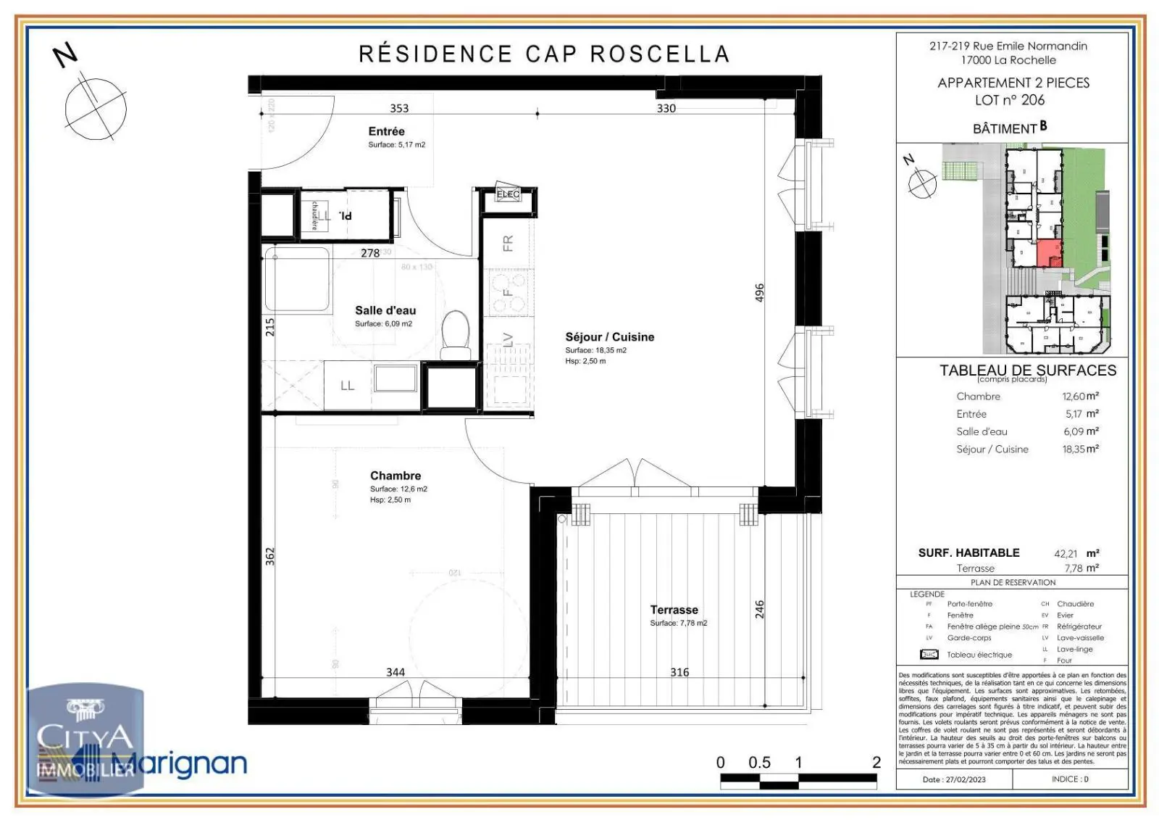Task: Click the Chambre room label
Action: [x=395, y=476]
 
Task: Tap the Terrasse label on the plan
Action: [x=674, y=610]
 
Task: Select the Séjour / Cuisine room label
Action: [x=609, y=337]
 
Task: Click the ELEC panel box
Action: [x=509, y=195]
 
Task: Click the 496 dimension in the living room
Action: [x=759, y=293]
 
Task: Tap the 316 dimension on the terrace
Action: [x=679, y=672]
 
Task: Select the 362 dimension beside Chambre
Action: [x=270, y=556]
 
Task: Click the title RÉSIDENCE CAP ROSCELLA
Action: [x=544, y=54]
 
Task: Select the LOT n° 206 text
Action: [x=1011, y=100]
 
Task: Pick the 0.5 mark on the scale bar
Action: [x=758, y=763]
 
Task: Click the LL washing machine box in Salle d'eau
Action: [x=348, y=386]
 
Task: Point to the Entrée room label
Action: [x=386, y=131]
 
